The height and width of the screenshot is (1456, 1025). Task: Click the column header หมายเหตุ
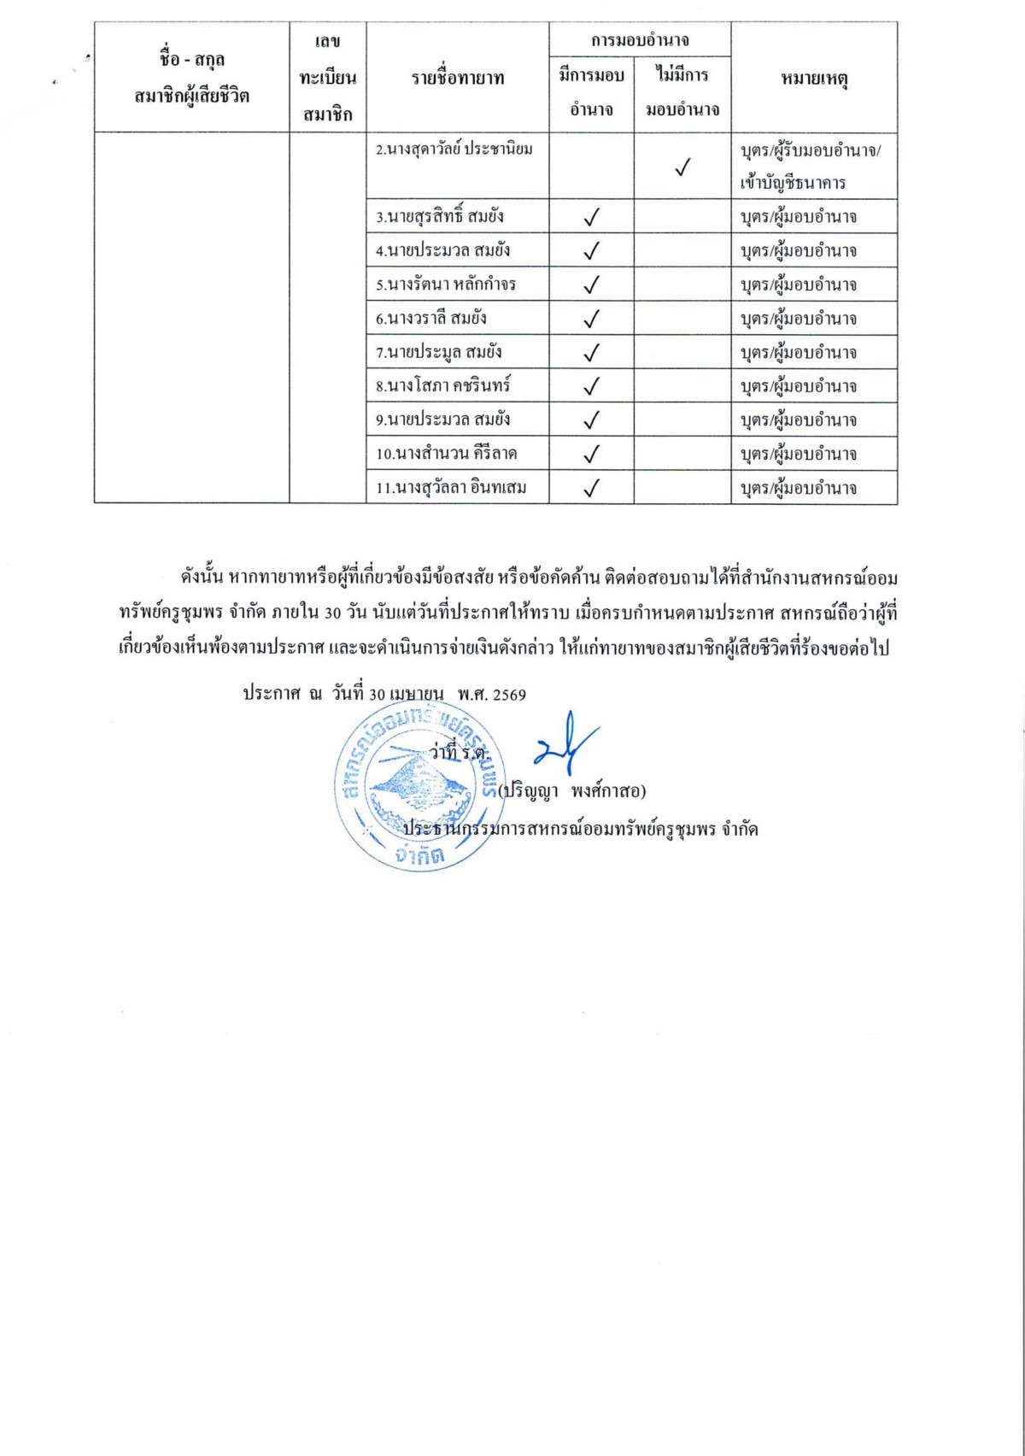[x=813, y=79]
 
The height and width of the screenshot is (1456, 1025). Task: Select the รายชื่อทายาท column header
[x=457, y=79]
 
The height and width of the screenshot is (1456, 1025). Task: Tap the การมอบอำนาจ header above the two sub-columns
[x=640, y=40]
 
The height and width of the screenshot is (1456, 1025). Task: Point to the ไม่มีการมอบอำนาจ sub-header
[x=682, y=91]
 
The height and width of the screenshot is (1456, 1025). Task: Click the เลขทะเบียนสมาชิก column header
[x=327, y=78]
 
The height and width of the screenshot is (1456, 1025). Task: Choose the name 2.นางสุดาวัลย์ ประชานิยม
[x=454, y=150]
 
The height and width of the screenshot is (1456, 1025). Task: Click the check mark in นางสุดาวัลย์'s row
[x=682, y=167]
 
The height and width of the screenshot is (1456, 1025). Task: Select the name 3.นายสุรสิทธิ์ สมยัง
[x=440, y=216]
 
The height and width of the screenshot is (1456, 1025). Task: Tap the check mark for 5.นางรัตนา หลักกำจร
[x=591, y=285]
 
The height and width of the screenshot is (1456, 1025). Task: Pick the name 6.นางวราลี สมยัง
[x=431, y=318]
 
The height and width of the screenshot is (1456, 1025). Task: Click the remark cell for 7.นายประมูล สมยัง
[x=798, y=352]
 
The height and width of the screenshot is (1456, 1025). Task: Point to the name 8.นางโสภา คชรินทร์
[x=442, y=385]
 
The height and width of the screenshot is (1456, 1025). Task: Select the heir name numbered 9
[x=442, y=420]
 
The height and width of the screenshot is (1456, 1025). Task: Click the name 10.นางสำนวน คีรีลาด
[x=446, y=454]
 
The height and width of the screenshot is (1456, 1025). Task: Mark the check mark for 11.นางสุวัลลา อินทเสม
[x=591, y=488]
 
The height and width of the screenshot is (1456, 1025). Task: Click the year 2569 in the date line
[x=509, y=695]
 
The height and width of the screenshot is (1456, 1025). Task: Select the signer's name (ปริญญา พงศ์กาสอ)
[x=572, y=791]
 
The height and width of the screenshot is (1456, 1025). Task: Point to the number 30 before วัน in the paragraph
[x=333, y=614]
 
